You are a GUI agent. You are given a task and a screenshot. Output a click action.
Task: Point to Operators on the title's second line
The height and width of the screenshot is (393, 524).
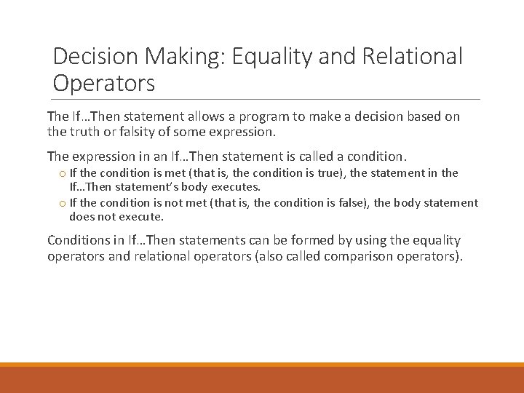point(104,84)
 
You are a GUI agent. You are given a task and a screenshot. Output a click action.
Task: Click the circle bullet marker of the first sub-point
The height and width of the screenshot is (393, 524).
point(63,173)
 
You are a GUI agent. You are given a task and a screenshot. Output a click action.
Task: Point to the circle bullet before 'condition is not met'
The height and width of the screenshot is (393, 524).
point(63,204)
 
